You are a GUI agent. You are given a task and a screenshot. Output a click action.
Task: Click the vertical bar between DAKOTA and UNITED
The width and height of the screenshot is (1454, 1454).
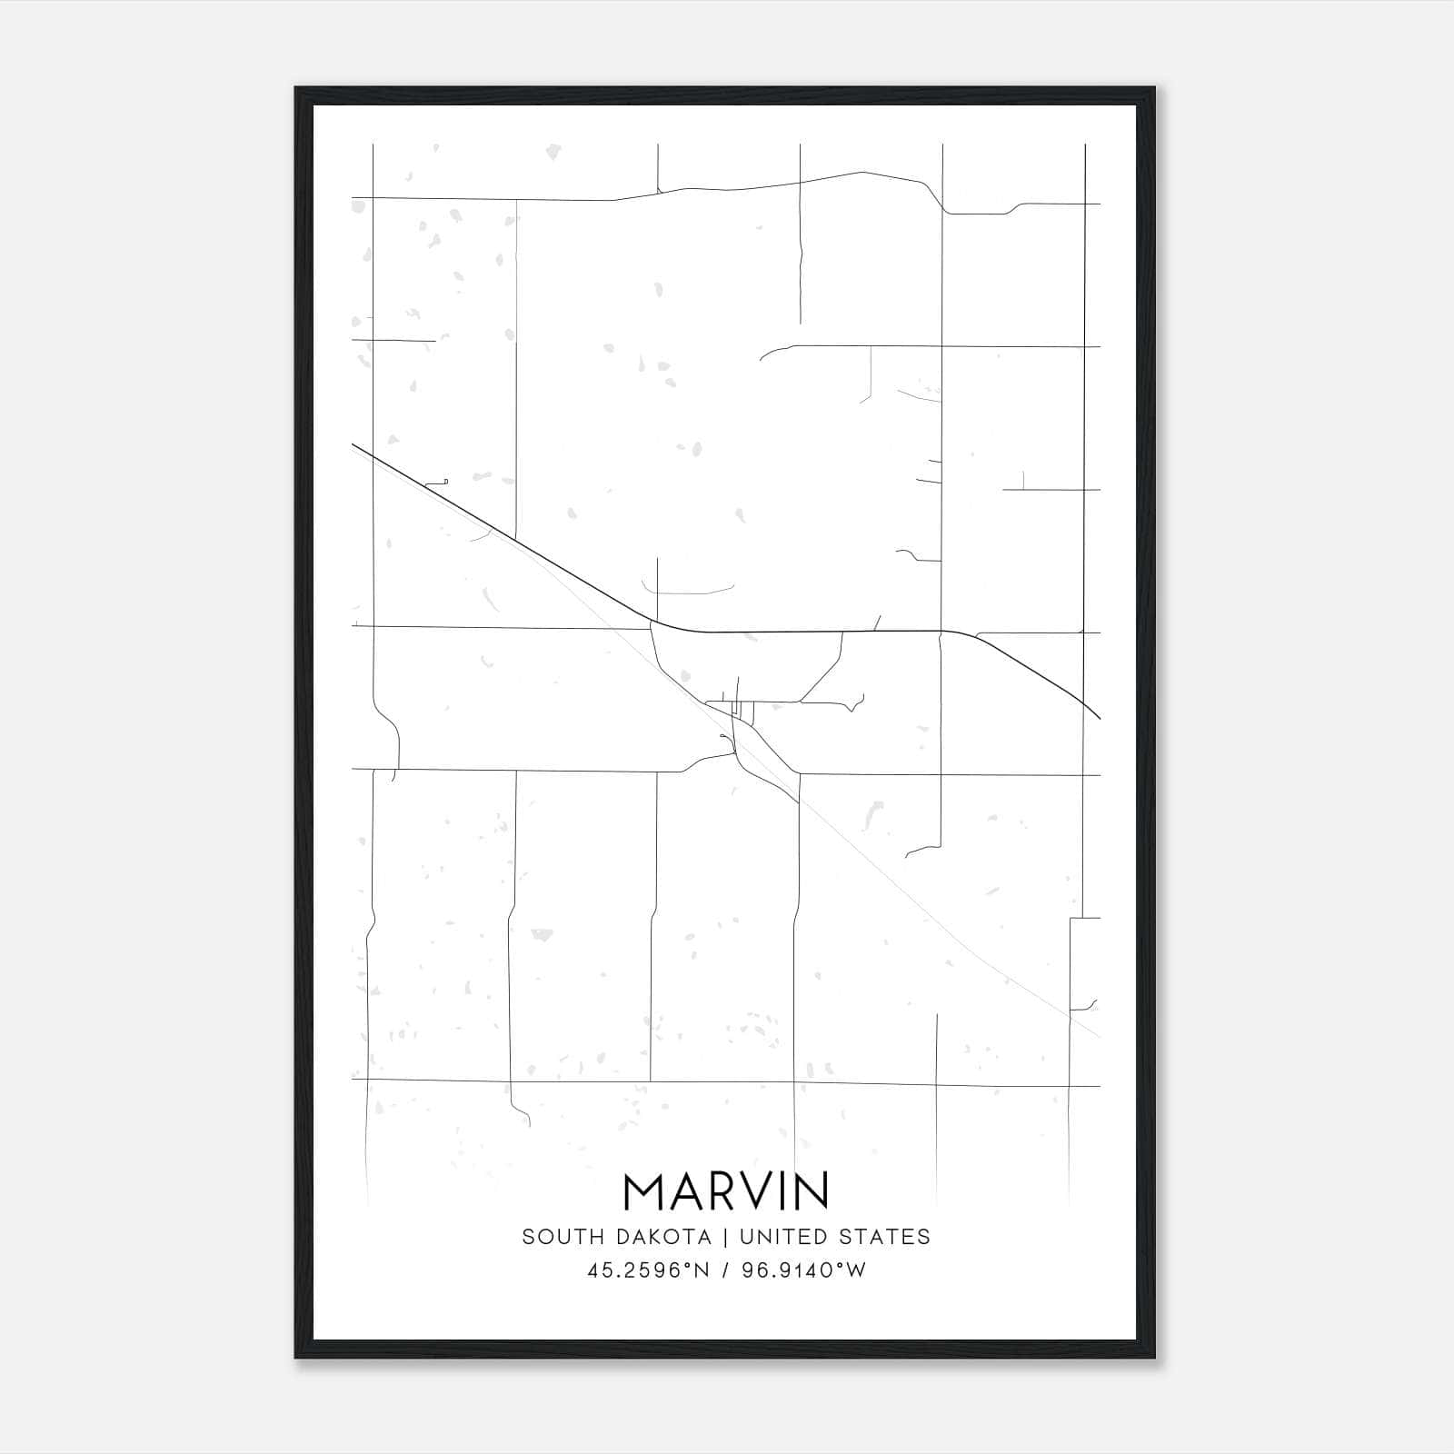coord(726,1237)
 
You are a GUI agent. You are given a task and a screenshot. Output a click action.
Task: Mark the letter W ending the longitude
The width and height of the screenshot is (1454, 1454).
coord(857,1270)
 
